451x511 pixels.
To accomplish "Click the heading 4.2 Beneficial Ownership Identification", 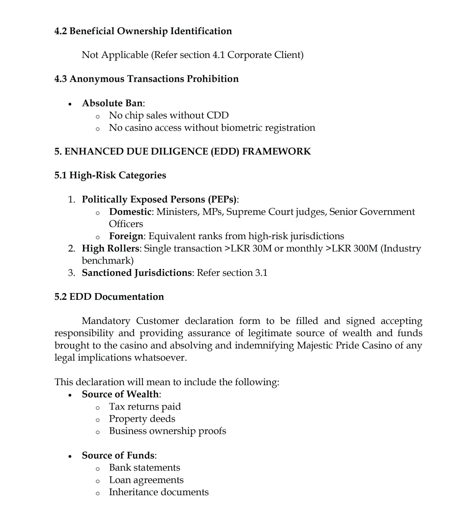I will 143,31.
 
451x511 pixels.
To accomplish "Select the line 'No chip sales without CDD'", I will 169,115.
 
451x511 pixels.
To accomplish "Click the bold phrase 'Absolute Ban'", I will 112,103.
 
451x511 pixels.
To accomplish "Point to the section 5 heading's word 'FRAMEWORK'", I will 276,151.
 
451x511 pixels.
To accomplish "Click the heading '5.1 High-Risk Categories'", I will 110,175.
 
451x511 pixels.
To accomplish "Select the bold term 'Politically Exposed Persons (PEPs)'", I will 159,199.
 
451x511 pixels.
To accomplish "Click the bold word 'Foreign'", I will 126,236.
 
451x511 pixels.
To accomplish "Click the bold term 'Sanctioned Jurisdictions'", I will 136,273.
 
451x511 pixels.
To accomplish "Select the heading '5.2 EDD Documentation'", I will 109,296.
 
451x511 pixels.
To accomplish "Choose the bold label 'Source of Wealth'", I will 120,394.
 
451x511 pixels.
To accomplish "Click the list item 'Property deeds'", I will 142,418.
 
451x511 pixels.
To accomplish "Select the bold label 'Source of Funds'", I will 118,455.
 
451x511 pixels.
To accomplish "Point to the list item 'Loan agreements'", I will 146,480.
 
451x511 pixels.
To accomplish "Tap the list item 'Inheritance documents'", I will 159,492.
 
